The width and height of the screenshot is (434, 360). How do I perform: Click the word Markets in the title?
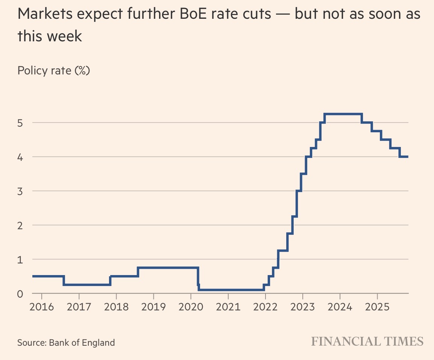(46, 15)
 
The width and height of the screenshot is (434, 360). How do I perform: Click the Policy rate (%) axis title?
(53, 70)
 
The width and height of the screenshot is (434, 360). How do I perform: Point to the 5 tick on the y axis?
(21, 123)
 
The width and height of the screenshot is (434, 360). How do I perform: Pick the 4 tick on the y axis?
(21, 157)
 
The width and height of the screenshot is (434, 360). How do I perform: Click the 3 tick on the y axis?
(21, 191)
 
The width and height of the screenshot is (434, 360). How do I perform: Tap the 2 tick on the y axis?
(21, 225)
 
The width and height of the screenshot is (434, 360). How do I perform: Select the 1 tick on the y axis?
(21, 260)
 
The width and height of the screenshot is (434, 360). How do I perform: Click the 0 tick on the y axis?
(21, 294)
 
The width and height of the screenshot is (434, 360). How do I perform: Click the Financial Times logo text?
(367, 342)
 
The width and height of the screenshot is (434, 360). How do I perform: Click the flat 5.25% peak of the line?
(343, 114)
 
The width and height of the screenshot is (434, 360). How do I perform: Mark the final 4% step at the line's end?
(404, 157)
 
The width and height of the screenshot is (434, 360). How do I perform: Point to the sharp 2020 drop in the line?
(198, 278)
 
